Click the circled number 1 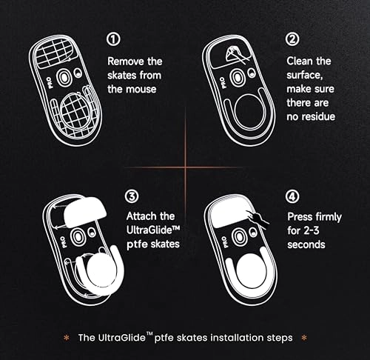tap(114, 39)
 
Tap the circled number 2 tap(292, 39)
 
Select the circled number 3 tap(132, 196)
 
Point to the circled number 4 tap(292, 196)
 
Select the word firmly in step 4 tap(329, 217)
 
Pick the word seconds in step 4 tap(306, 244)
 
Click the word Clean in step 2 tap(299, 61)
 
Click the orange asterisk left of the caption tap(67, 338)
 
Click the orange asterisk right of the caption tap(304, 338)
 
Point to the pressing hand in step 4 tap(258, 219)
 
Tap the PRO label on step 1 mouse tap(50, 83)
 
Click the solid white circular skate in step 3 tap(101, 271)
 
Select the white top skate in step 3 tap(85, 212)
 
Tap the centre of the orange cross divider tap(185, 167)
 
